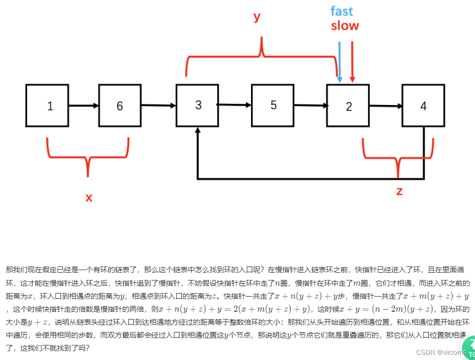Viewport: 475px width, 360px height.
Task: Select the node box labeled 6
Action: click(120, 106)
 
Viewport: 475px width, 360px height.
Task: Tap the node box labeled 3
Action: click(197, 105)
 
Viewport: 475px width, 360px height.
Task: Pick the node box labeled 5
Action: click(273, 105)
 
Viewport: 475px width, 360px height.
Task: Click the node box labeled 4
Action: click(424, 105)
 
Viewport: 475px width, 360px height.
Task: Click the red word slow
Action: click(345, 25)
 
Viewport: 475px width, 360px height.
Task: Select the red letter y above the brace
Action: click(256, 17)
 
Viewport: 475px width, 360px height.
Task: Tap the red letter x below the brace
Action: click(89, 197)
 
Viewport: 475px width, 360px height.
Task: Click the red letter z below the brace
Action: click(399, 191)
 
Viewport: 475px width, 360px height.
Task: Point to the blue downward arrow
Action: click(339, 62)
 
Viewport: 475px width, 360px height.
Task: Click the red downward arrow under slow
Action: click(352, 62)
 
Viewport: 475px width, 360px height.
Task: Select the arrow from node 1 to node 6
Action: click(84, 106)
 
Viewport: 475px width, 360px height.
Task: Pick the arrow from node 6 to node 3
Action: click(159, 106)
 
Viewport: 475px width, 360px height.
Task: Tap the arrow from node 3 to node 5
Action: click(234, 105)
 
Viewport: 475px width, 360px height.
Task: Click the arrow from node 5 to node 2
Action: click(311, 105)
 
